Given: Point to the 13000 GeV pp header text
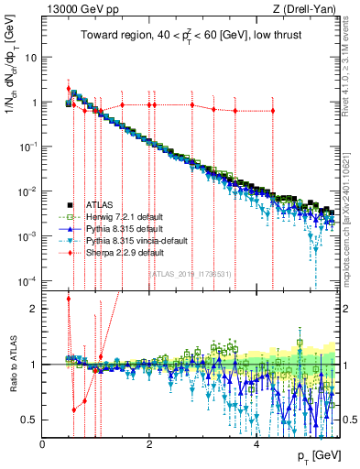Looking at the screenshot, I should coord(83,10).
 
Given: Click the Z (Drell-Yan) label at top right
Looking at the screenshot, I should coord(311,10).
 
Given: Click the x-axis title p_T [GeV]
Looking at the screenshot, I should coord(320,456).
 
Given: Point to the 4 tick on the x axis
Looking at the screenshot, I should coord(256,446).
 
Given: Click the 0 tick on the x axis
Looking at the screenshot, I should coord(43,446).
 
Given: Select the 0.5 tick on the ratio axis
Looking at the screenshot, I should coord(31,420).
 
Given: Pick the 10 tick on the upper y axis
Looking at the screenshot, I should coord(31,58).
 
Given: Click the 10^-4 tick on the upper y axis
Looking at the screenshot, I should coord(27,280).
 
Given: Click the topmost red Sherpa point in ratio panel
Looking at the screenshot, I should coord(69,299).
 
